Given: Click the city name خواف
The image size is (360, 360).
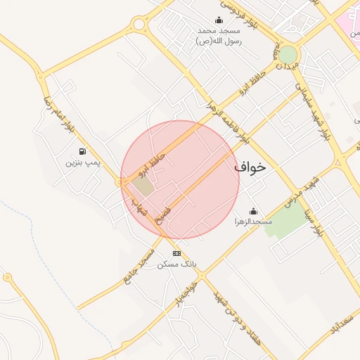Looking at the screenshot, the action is (x=251, y=167).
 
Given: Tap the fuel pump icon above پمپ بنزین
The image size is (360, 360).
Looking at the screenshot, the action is (x=83, y=151).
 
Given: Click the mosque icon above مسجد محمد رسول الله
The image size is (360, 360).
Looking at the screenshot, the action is (x=219, y=20).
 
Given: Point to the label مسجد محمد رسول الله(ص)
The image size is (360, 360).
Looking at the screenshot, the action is (x=219, y=36).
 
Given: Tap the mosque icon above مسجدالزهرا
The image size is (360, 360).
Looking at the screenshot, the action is (x=253, y=211).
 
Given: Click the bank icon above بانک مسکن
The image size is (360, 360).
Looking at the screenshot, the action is (x=176, y=253).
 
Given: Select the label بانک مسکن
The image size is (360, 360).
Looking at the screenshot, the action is (x=177, y=264).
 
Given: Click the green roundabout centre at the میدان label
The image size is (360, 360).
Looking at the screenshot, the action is (x=288, y=54).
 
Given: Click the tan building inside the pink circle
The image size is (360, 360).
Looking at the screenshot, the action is (x=143, y=187).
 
